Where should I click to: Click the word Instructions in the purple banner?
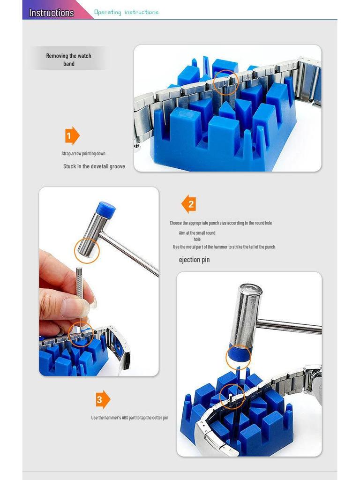coord(52,13)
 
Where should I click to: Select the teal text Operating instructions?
coord(126,12)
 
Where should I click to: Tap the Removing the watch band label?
coord(68,60)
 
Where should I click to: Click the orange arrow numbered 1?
coord(72,135)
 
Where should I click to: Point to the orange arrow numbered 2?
coord(188,204)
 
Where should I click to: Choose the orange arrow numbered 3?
coord(103,399)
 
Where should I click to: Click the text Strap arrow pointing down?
coord(83,153)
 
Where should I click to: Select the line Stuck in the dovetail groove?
coord(94,166)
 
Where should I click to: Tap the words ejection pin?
coord(194,260)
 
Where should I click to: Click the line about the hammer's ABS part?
coord(129,418)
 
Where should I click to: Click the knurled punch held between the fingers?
coord(79,282)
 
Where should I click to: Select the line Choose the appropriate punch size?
coord(221,223)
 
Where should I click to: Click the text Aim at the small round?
coord(197,232)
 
